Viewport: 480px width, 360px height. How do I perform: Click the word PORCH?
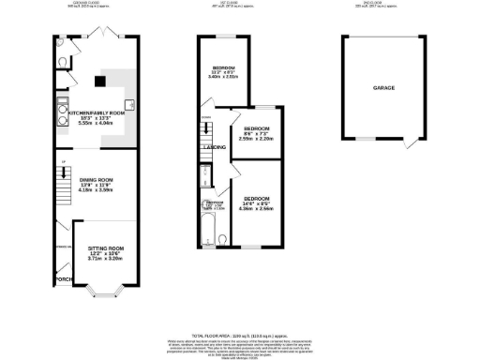click(64, 279)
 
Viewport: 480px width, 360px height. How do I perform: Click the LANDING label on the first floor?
click(214, 147)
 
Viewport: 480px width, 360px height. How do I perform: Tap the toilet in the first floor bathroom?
click(202, 202)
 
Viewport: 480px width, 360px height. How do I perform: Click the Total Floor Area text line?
click(240, 334)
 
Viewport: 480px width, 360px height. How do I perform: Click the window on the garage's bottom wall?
click(361, 140)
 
